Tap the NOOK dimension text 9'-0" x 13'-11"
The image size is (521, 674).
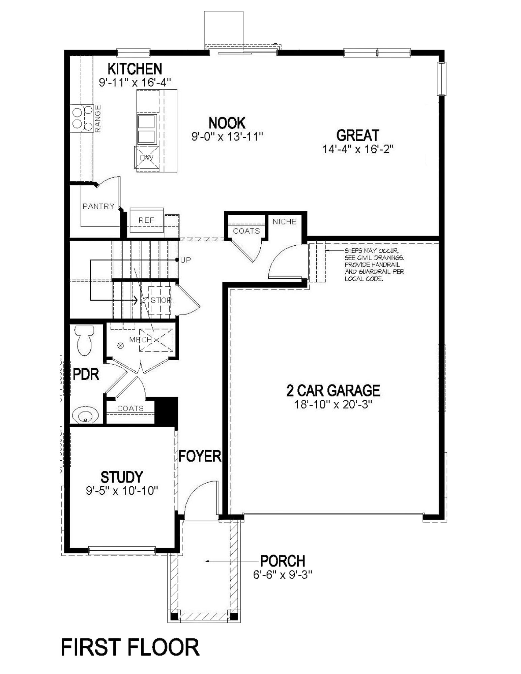point(227,136)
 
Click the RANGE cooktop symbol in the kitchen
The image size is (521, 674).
point(82,118)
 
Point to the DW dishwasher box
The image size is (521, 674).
point(146,157)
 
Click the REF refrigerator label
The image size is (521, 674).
point(146,220)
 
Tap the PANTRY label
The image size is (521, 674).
point(98,206)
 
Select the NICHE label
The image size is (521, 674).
point(284,222)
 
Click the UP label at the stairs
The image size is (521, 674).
point(185,260)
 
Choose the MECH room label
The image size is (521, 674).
point(140,340)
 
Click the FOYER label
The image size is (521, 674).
point(200,456)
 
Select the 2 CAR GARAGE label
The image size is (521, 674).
point(333,391)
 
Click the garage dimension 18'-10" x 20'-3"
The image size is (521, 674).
point(333,404)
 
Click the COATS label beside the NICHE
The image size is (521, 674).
point(247,231)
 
